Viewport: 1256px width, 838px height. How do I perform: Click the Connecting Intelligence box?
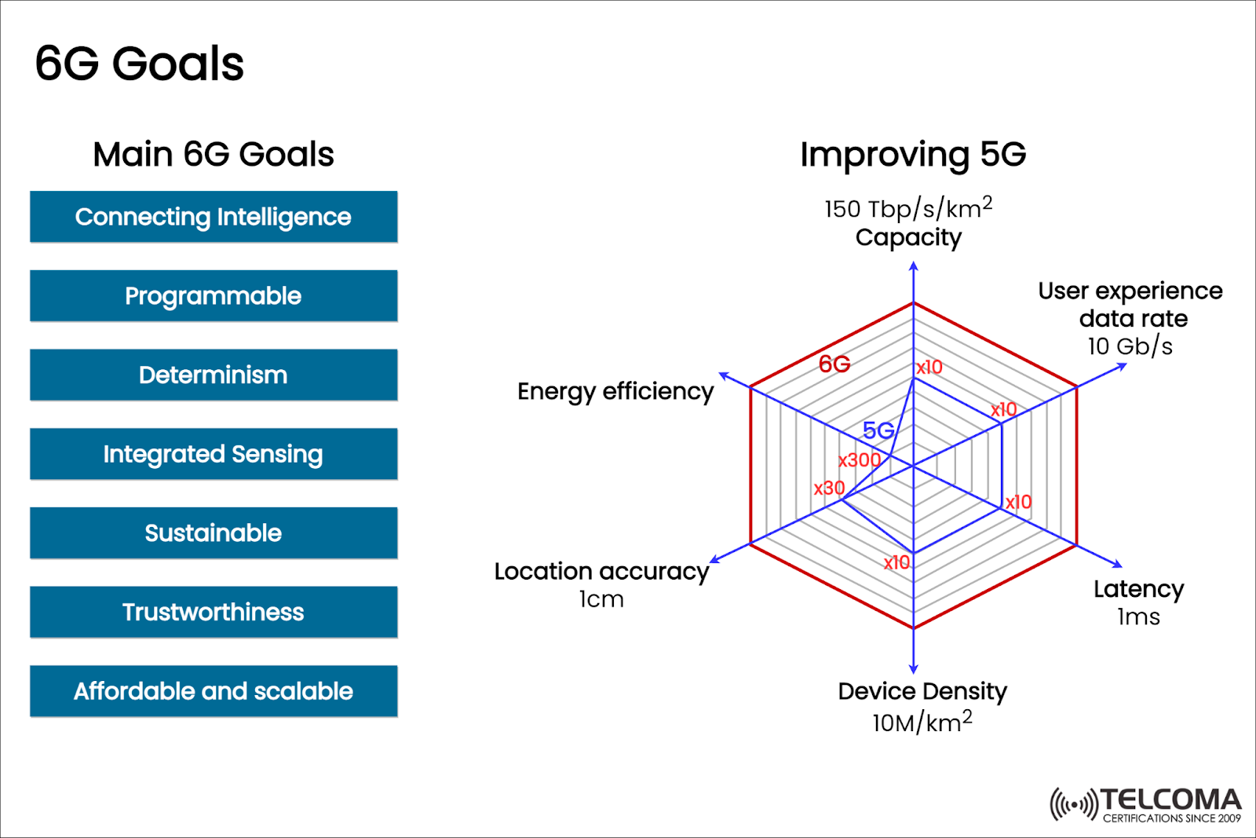pos(214,217)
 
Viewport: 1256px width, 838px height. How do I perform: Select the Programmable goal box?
pos(214,296)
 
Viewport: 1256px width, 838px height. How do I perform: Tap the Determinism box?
pos(214,375)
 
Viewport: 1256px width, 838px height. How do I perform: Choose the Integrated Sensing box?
pos(214,454)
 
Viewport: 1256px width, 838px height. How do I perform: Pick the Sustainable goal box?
pos(214,533)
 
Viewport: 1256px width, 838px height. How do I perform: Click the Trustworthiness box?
pos(214,612)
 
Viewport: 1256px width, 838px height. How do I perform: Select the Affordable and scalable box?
pos(214,691)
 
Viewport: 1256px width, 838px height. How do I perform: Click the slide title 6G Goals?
pos(140,64)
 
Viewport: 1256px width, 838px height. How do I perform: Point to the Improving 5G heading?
pos(913,155)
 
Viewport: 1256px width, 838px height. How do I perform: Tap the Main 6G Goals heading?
pos(214,155)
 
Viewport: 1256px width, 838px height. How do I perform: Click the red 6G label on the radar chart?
pos(834,364)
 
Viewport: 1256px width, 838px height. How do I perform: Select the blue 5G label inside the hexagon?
pos(878,430)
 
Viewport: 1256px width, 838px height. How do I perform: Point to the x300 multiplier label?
pos(859,460)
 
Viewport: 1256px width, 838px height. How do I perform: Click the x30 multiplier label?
pos(829,489)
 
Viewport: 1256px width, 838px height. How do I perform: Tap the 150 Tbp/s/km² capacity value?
pos(908,209)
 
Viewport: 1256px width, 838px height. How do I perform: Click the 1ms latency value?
pos(1138,617)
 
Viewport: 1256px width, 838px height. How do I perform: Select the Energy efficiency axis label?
pos(615,391)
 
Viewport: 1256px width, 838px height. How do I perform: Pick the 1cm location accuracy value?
pos(601,599)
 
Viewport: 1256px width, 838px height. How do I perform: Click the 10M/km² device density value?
pos(922,721)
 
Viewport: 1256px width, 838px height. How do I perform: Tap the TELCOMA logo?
pos(1146,804)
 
